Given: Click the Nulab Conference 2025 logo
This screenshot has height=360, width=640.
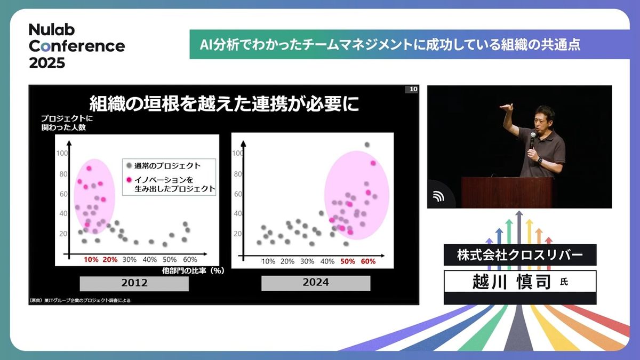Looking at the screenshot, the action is (x=77, y=46).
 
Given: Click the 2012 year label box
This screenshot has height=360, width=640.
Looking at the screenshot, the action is (x=134, y=283).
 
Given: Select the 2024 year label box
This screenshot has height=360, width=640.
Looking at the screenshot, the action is (x=316, y=283).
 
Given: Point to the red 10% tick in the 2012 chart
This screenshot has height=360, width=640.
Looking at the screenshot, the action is (x=91, y=259).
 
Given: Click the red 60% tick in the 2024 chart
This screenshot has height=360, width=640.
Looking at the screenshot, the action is (x=368, y=261).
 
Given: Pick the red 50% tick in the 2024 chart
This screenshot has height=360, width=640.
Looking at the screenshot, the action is (x=347, y=261).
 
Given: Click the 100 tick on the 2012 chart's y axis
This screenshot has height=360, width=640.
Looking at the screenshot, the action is (x=62, y=153).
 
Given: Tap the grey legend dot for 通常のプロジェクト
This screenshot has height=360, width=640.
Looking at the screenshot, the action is (x=129, y=165).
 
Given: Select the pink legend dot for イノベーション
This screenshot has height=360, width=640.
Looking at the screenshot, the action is (x=129, y=180).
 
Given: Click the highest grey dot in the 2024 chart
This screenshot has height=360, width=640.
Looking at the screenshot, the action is (x=367, y=145).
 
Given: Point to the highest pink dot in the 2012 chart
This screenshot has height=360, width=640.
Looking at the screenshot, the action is (x=89, y=169).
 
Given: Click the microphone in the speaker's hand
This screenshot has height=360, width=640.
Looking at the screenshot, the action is (x=532, y=140).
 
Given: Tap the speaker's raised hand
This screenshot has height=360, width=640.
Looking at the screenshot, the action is (x=507, y=107).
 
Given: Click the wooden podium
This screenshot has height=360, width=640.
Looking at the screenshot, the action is (x=507, y=193).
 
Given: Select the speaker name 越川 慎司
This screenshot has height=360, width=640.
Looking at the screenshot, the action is (x=511, y=282).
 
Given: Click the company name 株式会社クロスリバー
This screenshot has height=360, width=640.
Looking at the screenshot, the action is (x=520, y=255).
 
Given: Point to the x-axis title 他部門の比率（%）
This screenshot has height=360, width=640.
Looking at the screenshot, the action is (x=193, y=270).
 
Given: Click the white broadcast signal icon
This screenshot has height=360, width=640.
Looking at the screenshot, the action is (x=438, y=196).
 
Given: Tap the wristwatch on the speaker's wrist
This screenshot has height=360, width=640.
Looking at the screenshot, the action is (x=539, y=160).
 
